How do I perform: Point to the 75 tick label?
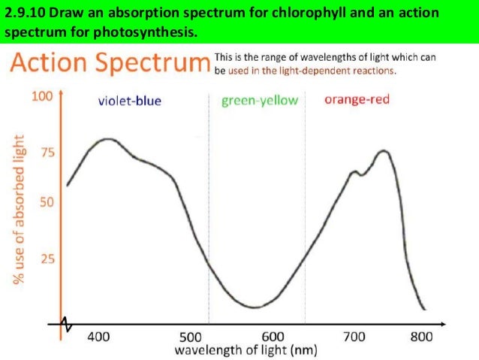click(x=47, y=153)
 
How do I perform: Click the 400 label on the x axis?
click(x=98, y=337)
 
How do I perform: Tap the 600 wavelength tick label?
click(x=273, y=337)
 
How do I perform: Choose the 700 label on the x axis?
click(x=354, y=337)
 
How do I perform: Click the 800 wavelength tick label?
click(x=421, y=337)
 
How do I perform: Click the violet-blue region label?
click(x=130, y=101)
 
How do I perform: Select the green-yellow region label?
click(x=259, y=101)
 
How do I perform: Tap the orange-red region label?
click(x=357, y=99)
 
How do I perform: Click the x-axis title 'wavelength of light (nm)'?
click(x=246, y=350)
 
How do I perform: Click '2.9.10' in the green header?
click(x=23, y=13)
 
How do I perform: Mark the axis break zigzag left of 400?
click(x=69, y=324)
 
